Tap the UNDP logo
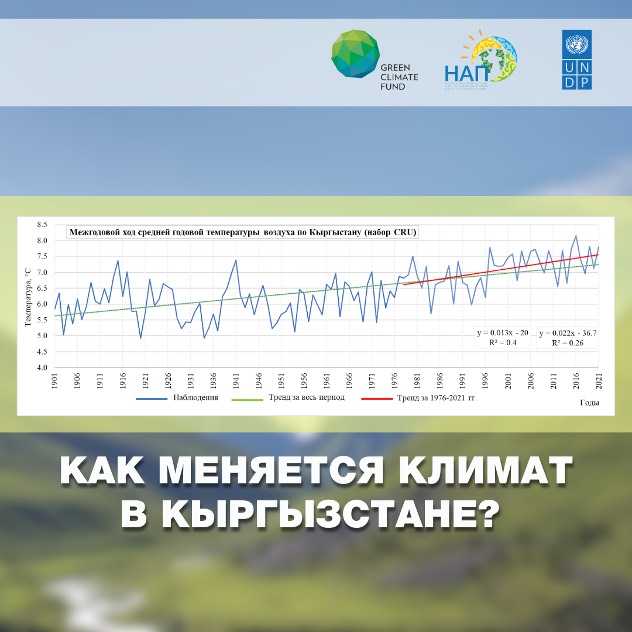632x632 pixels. (577, 60)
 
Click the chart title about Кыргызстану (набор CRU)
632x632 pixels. (243, 232)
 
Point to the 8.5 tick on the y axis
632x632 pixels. (42, 225)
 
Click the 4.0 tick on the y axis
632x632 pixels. (42, 367)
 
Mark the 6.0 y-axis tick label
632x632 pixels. (42, 304)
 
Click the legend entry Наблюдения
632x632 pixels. (178, 398)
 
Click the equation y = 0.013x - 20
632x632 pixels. (502, 333)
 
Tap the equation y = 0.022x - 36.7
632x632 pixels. (567, 333)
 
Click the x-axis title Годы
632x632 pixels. (589, 403)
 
